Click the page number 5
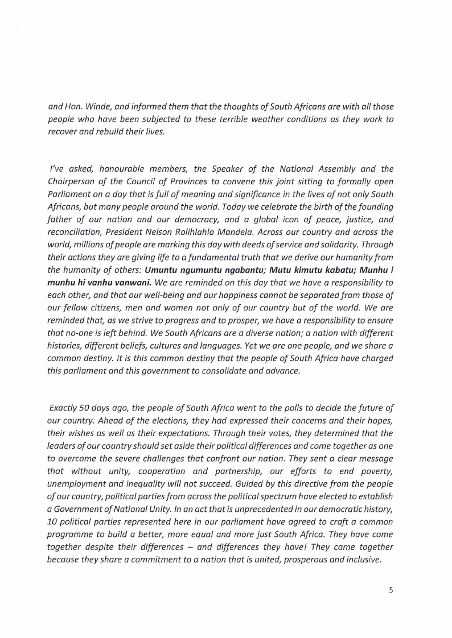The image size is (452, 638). click(391, 590)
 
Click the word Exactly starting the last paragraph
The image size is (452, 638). click(65, 408)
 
